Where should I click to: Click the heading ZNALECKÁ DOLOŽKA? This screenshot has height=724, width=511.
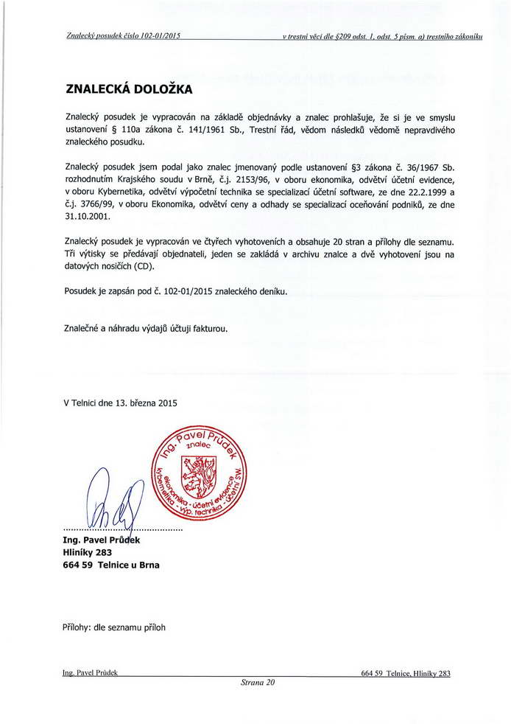(129, 89)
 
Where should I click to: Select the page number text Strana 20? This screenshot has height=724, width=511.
(257, 683)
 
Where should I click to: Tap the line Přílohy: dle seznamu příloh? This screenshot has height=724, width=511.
(115, 628)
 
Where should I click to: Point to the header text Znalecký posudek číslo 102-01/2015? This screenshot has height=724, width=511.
(123, 35)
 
